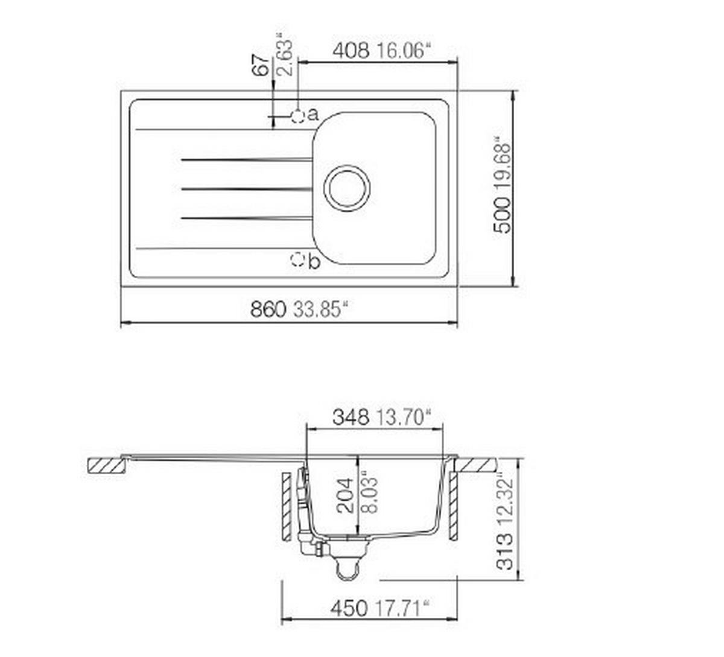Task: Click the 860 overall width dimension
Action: click(267, 309)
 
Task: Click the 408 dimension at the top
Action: click(351, 50)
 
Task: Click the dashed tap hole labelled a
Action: click(298, 116)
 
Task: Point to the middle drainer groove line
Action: click(246, 189)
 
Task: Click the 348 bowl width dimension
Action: click(351, 417)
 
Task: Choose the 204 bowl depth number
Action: click(345, 495)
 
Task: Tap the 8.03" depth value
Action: click(369, 494)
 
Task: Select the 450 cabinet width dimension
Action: click(349, 608)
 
